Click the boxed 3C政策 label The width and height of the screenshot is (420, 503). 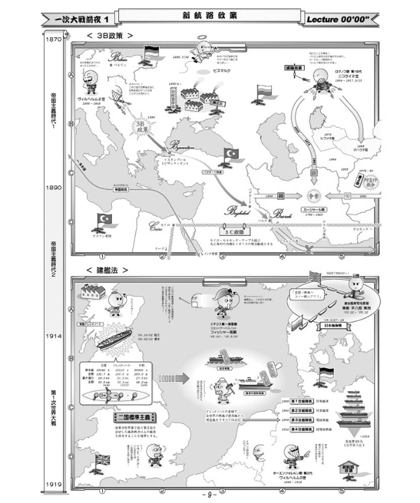(232, 229)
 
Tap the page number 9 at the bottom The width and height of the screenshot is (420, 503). (209, 495)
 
